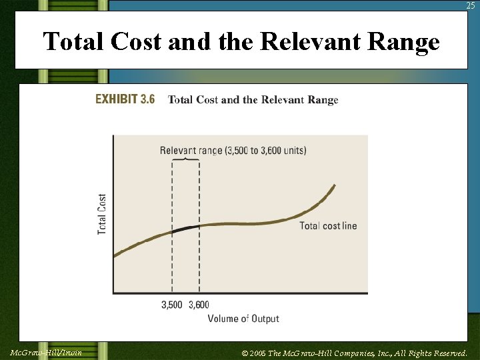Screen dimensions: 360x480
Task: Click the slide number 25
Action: pos(471,5)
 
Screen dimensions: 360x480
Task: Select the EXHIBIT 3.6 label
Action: pos(125,99)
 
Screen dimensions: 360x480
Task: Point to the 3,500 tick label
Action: pos(172,305)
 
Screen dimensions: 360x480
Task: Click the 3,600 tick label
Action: pos(199,305)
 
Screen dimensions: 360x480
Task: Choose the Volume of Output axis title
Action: pos(243,319)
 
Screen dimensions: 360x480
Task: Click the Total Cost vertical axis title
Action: pos(102,214)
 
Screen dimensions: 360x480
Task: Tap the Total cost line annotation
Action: pos(328,226)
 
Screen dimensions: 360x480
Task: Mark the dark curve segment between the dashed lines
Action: pos(186,229)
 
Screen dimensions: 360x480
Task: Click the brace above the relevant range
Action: pos(186,160)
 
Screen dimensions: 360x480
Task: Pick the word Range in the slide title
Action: pos(403,42)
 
